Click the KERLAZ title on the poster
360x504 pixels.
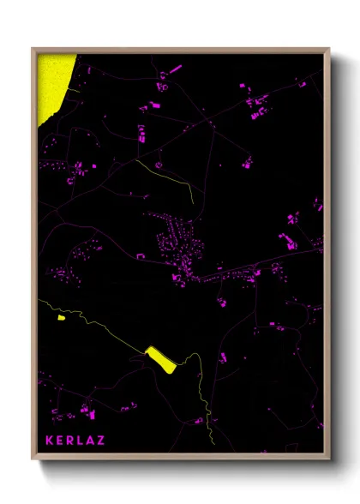click(75, 440)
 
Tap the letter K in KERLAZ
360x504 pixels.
click(50, 440)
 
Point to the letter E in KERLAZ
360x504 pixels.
click(60, 440)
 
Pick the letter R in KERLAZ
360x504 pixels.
click(70, 440)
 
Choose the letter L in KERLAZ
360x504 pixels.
click(81, 440)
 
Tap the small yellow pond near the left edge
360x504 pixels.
click(61, 316)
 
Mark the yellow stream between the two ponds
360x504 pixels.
click(103, 330)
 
